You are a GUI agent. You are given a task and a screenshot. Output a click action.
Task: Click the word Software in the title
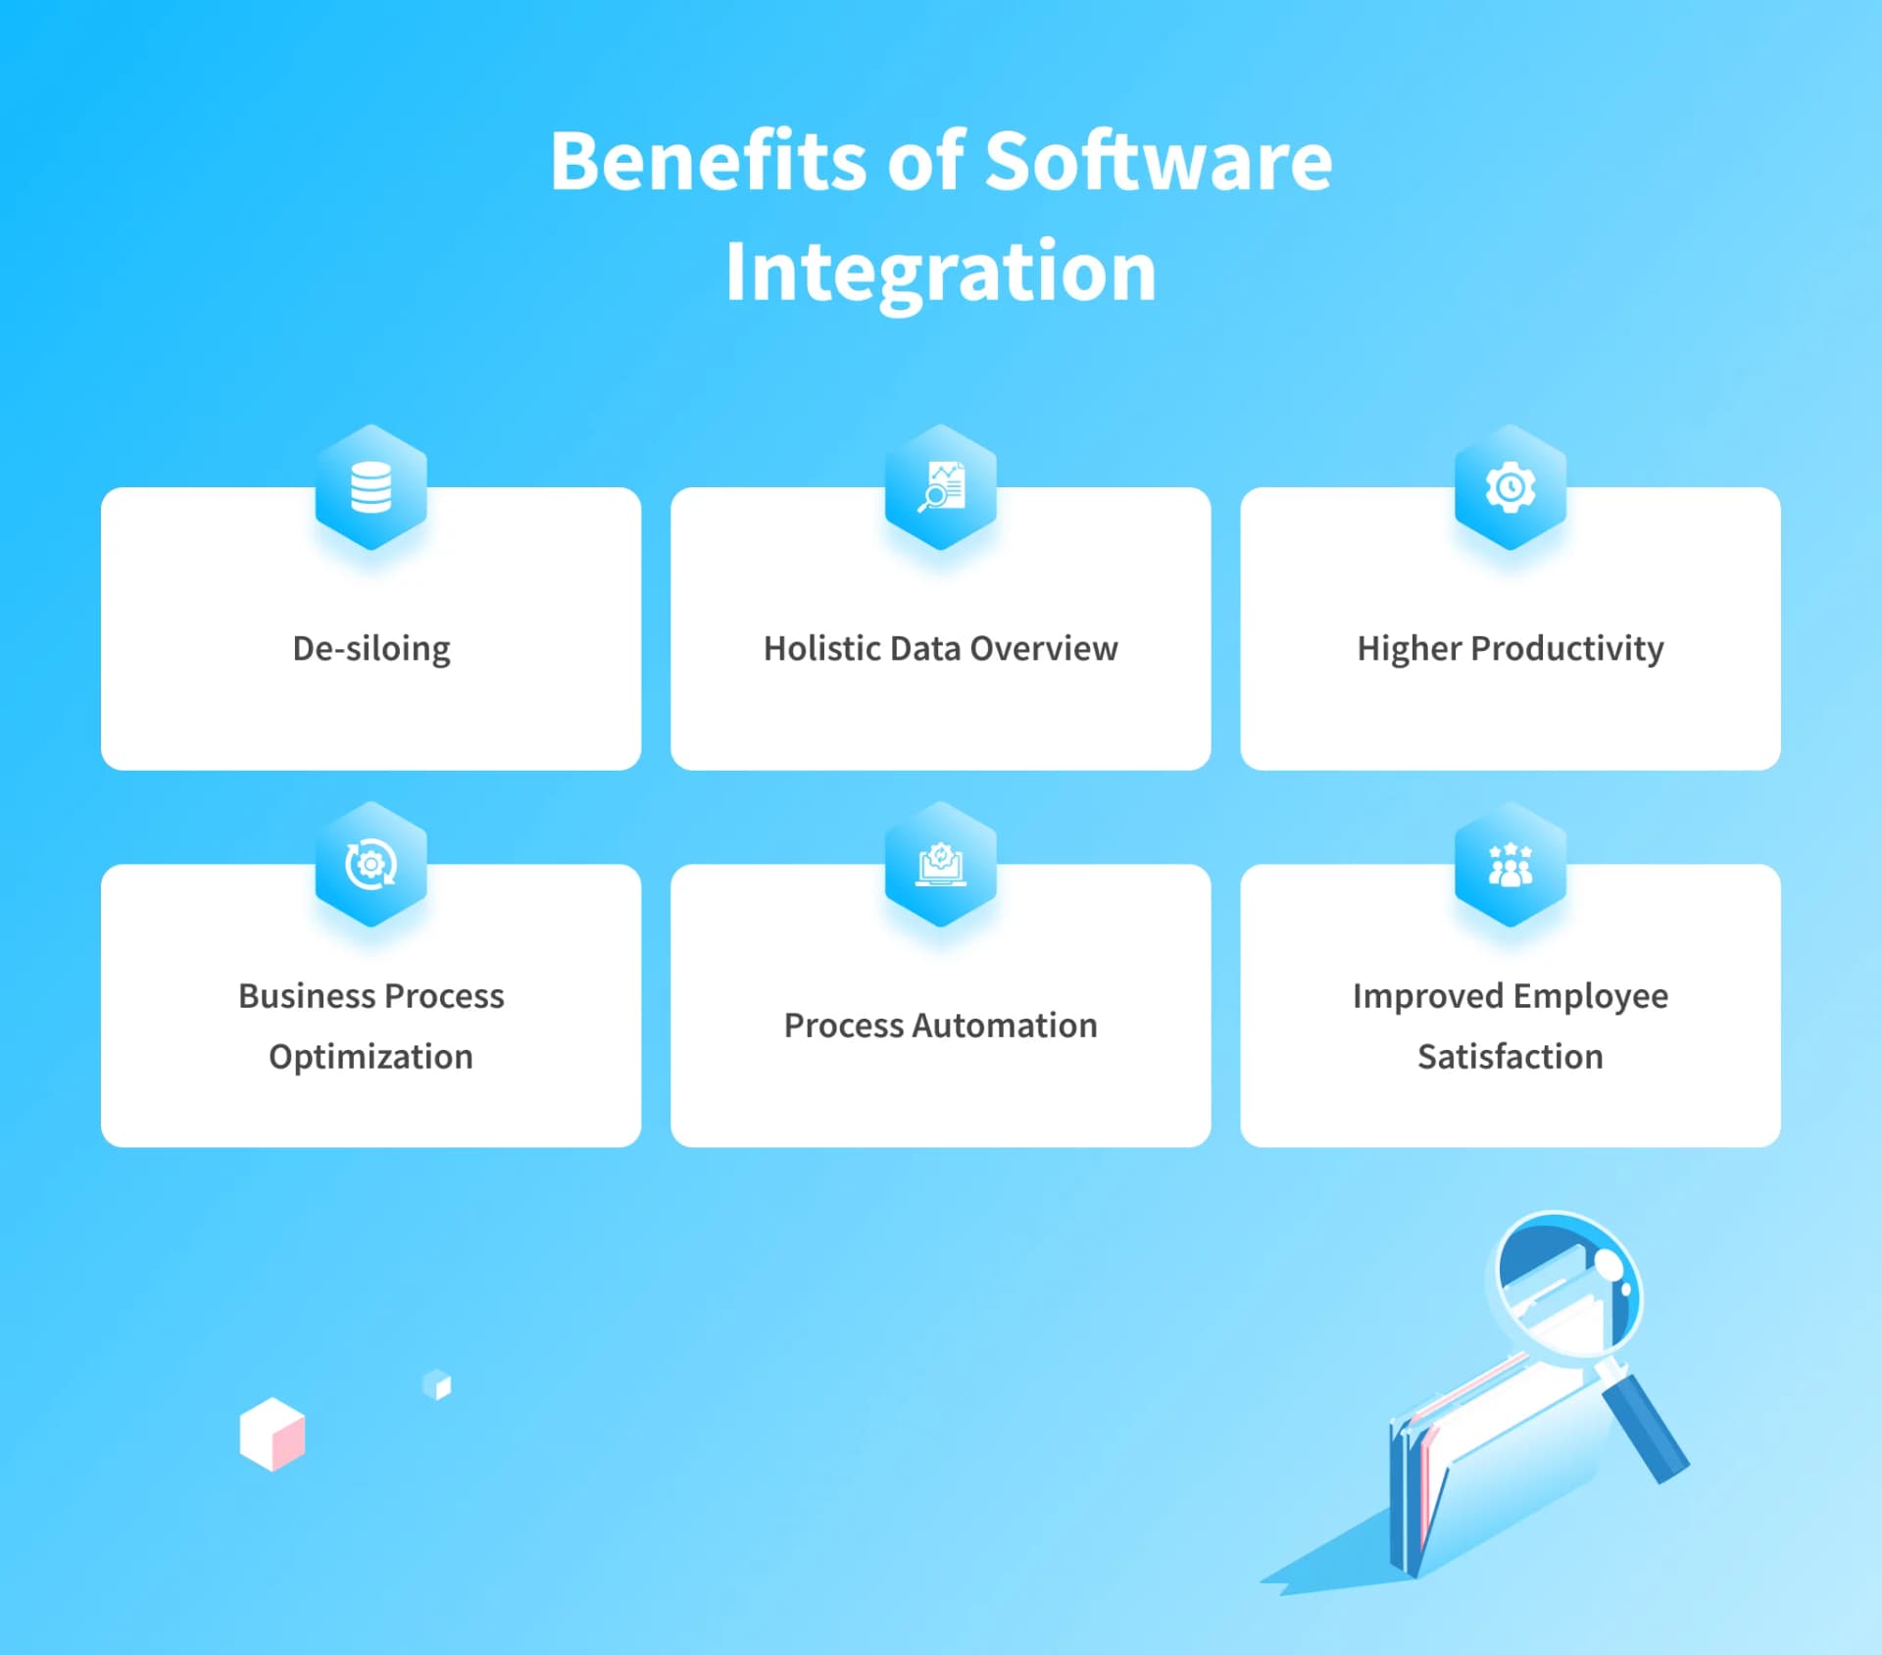coord(1158,162)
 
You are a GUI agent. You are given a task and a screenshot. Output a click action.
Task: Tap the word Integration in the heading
coord(941,272)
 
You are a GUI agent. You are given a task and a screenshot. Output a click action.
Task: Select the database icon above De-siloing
coord(371,487)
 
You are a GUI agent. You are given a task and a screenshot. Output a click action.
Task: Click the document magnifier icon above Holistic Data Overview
coord(941,487)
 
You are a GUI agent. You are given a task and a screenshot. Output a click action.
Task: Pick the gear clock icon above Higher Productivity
coord(1511,487)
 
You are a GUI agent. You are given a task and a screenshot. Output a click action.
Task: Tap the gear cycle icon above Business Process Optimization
coord(371,865)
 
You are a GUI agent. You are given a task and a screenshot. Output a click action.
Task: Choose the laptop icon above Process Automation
coord(941,865)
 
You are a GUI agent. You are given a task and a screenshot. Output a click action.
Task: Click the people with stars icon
coord(1511,865)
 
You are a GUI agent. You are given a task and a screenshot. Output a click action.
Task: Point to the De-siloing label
coord(371,649)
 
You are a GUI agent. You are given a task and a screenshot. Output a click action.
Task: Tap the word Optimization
coord(371,1057)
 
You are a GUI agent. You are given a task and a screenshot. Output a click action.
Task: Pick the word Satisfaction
coord(1511,1057)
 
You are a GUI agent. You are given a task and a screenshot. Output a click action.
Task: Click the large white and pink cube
coord(272,1434)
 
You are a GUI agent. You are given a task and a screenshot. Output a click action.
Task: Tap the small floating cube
coord(437,1384)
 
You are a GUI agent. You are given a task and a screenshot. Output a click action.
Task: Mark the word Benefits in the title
coord(709,162)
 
